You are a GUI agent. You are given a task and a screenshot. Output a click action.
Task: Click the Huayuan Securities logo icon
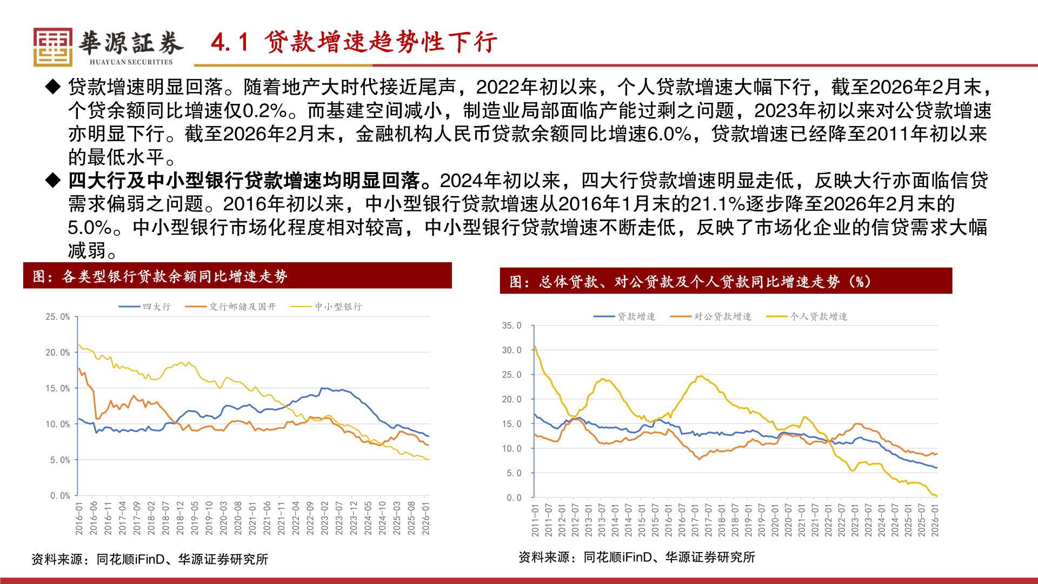click(52, 47)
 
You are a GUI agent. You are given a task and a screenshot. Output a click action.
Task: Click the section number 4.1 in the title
click(230, 42)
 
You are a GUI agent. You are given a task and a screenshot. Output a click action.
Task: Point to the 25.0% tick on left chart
click(58, 316)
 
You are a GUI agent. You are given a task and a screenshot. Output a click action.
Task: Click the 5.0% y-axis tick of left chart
click(60, 460)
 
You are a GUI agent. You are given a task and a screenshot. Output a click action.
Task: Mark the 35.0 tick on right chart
click(511, 326)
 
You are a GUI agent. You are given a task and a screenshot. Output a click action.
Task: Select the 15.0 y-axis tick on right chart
click(511, 424)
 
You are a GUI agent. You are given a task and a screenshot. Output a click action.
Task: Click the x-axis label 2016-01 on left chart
click(79, 518)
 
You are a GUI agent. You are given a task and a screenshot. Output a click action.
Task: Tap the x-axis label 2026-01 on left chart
click(426, 518)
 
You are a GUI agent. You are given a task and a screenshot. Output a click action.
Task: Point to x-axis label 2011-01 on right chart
click(535, 520)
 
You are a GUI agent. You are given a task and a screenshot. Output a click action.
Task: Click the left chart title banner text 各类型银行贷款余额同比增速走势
click(174, 276)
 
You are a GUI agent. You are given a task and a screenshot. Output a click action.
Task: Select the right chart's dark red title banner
click(726, 281)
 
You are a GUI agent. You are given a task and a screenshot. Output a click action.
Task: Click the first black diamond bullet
click(53, 87)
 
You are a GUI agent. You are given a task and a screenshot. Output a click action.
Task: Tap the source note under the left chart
click(150, 559)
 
